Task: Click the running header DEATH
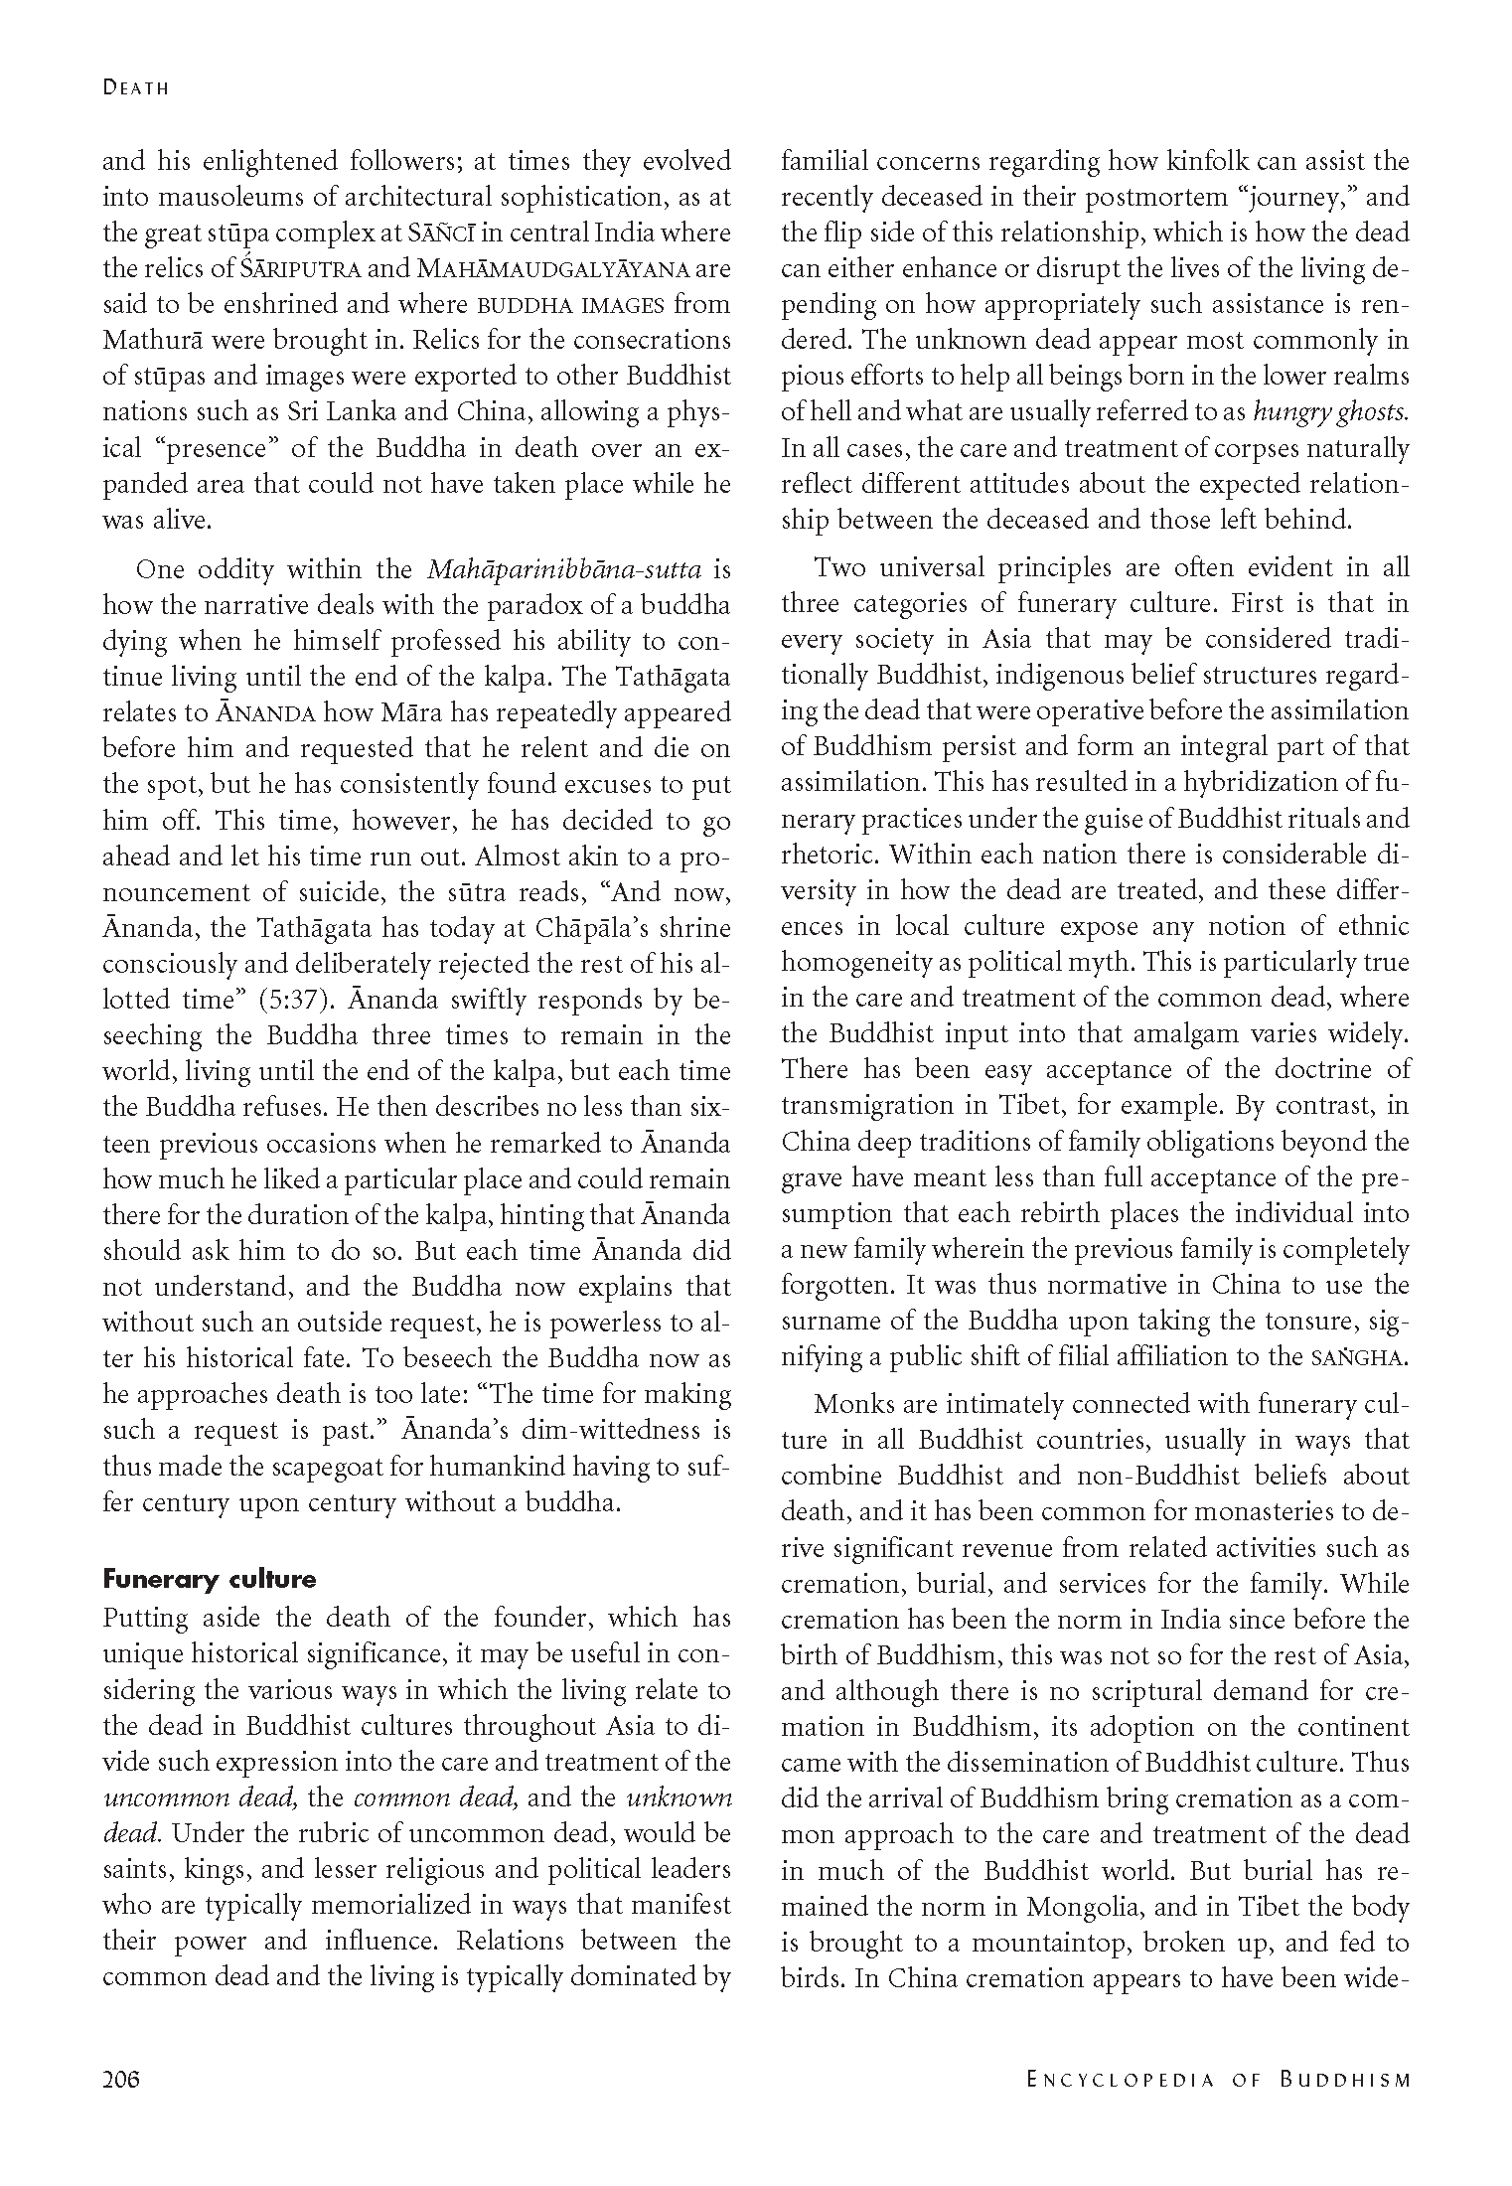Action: click(136, 87)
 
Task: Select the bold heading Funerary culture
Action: click(210, 1579)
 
